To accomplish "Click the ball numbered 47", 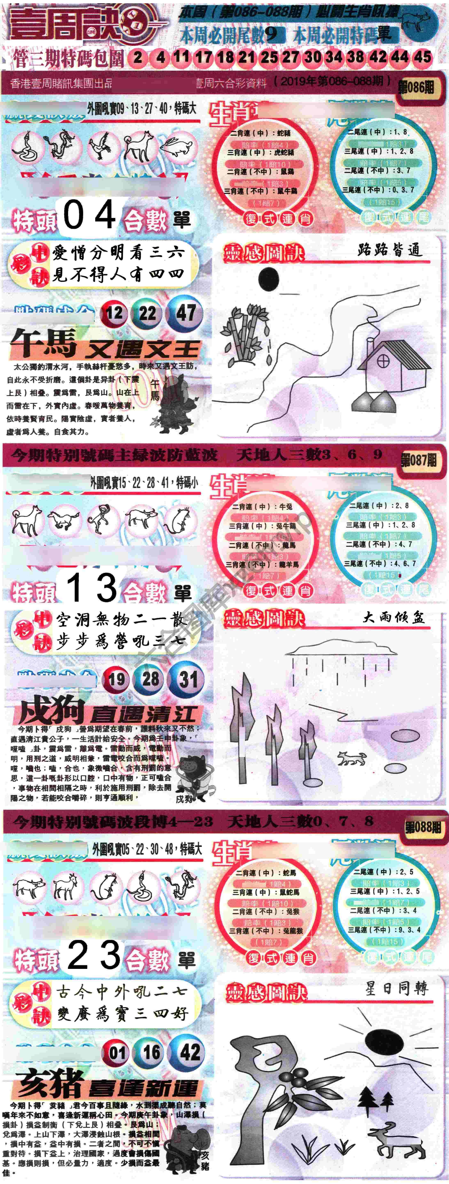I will click(x=186, y=313).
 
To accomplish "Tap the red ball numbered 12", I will click(x=114, y=313).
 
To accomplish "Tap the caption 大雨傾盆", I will click(x=393, y=617).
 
